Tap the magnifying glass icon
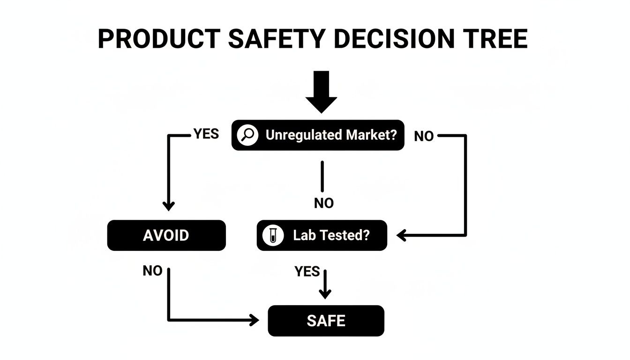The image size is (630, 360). tap(247, 135)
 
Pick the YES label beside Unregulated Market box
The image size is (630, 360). tap(206, 134)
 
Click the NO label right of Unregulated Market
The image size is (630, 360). tap(424, 136)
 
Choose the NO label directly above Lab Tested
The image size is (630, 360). tap(324, 203)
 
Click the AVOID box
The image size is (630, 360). tap(166, 235)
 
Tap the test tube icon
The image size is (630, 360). tap(273, 235)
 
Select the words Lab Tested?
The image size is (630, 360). tap(331, 235)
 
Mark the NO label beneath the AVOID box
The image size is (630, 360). tap(152, 271)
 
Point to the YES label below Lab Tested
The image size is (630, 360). tap(307, 271)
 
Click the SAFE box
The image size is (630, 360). tap(326, 321)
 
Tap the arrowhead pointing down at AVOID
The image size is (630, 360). tap(168, 206)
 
